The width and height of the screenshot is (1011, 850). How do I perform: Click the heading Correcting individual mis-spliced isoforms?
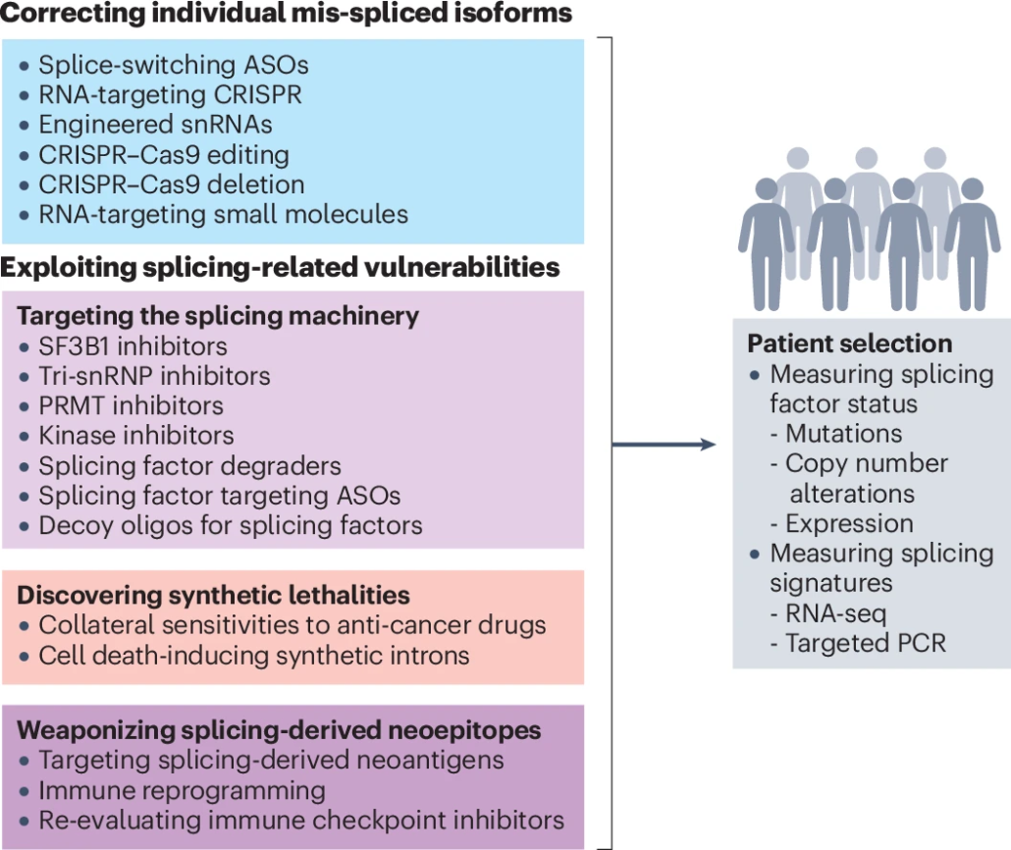point(287,16)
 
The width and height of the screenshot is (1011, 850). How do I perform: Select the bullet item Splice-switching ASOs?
point(174,66)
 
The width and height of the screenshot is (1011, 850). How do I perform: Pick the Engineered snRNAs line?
point(155,125)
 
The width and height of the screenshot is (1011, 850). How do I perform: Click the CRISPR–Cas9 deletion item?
point(172,184)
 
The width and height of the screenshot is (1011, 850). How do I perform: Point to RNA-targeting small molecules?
point(223,213)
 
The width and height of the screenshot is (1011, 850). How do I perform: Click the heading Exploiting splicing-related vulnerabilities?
point(280,267)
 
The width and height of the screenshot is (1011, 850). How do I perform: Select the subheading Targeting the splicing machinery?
point(218,316)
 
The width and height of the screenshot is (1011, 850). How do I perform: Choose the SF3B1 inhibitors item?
point(133,345)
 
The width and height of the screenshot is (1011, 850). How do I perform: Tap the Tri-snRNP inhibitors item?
point(154,375)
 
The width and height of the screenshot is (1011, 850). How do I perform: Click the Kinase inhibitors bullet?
point(136,434)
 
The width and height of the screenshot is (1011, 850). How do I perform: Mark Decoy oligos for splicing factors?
point(231,524)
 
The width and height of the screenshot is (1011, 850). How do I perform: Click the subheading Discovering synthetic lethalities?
point(213,595)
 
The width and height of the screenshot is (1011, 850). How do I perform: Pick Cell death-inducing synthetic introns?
point(254,654)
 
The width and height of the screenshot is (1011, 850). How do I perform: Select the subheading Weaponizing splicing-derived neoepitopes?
point(279,730)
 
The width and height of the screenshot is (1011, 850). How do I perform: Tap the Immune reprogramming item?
point(182,789)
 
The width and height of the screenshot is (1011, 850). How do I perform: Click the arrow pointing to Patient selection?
point(664,445)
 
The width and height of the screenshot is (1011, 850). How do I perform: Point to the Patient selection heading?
point(849,344)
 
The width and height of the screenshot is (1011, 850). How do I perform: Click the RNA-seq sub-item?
point(835,614)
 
